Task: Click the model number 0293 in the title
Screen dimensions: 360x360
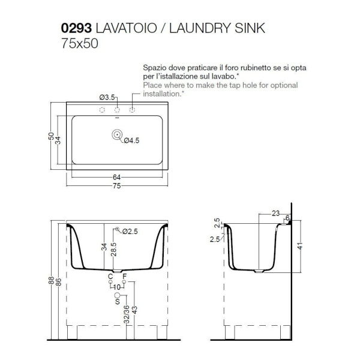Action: coord(76,28)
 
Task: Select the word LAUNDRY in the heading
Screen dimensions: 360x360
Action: coord(200,28)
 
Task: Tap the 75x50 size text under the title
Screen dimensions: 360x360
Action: coord(80,43)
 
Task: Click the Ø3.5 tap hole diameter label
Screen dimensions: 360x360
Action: coord(107,97)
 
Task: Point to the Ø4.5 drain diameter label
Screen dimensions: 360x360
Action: coord(131,140)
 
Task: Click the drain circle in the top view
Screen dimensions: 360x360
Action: coord(117,134)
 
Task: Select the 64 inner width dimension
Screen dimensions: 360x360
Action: coord(116,177)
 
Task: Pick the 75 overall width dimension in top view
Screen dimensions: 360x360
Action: coord(116,185)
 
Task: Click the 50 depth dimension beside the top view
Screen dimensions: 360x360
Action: coord(51,136)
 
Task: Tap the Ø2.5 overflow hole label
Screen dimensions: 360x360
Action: coord(130,232)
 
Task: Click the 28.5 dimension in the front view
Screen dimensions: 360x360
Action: coord(113,250)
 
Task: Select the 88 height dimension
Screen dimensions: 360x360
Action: coord(51,280)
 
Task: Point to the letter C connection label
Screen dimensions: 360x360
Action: coord(110,276)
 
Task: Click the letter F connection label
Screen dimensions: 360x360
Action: coord(124,276)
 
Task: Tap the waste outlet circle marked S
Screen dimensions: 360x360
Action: coord(118,295)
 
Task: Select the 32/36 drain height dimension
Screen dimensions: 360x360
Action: coord(127,314)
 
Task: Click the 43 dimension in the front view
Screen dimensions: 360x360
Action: coord(135,310)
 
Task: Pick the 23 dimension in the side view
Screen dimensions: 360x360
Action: coord(276,214)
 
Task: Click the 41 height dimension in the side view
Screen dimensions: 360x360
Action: coord(300,246)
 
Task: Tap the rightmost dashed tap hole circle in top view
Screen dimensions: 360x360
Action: coord(132,110)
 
